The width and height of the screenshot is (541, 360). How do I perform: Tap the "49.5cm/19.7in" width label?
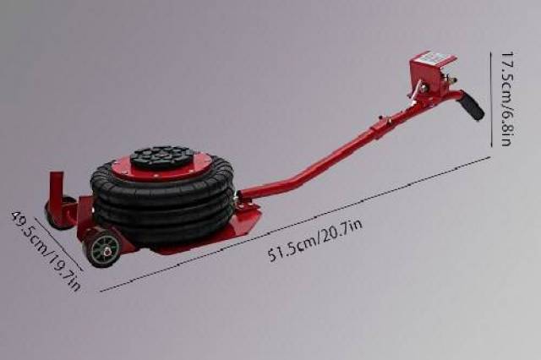coord(47,250)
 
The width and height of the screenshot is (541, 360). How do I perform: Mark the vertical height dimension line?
coord(491,100)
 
